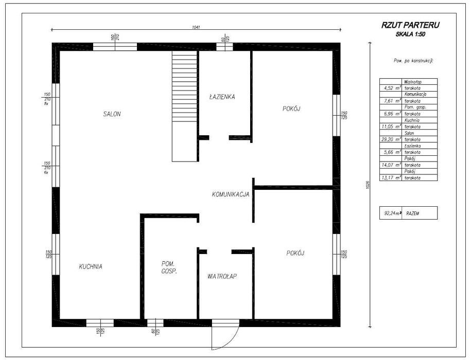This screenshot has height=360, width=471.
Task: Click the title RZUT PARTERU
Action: (x=410, y=25)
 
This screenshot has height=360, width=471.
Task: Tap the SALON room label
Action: (x=112, y=114)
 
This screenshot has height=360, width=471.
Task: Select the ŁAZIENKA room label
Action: (x=222, y=96)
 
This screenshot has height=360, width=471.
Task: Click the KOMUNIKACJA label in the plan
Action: (x=231, y=194)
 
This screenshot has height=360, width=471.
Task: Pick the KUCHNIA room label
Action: (x=91, y=266)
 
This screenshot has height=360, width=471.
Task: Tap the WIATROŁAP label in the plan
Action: (x=222, y=276)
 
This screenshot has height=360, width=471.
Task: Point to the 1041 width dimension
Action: (x=195, y=27)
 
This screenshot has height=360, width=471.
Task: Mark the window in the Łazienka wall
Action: (x=224, y=46)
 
